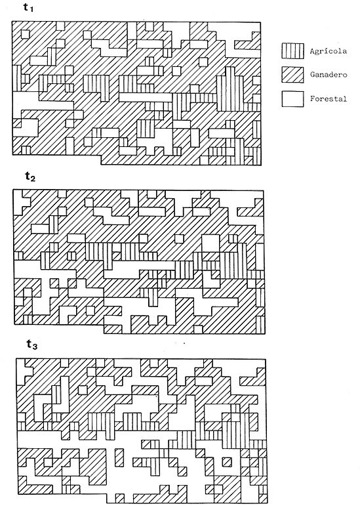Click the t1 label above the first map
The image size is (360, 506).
(28, 8)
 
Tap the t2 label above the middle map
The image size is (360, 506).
(30, 176)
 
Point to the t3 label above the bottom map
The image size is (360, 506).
(32, 345)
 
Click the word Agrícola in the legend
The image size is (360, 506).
(329, 51)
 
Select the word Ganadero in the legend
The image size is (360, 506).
(329, 75)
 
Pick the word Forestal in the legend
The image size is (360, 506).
(329, 98)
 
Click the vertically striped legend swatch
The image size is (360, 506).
(292, 51)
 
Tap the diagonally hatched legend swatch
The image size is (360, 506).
(292, 75)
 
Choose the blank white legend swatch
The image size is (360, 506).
(292, 98)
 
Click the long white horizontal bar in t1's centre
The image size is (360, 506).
(146, 97)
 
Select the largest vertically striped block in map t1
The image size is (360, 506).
(230, 89)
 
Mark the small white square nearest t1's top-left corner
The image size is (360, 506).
(26, 34)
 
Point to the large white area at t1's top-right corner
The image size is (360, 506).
(239, 35)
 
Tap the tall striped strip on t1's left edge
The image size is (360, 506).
(17, 77)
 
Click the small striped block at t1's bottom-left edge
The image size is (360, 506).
(26, 150)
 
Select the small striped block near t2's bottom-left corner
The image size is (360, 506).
(28, 320)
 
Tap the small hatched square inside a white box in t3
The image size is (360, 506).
(227, 462)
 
